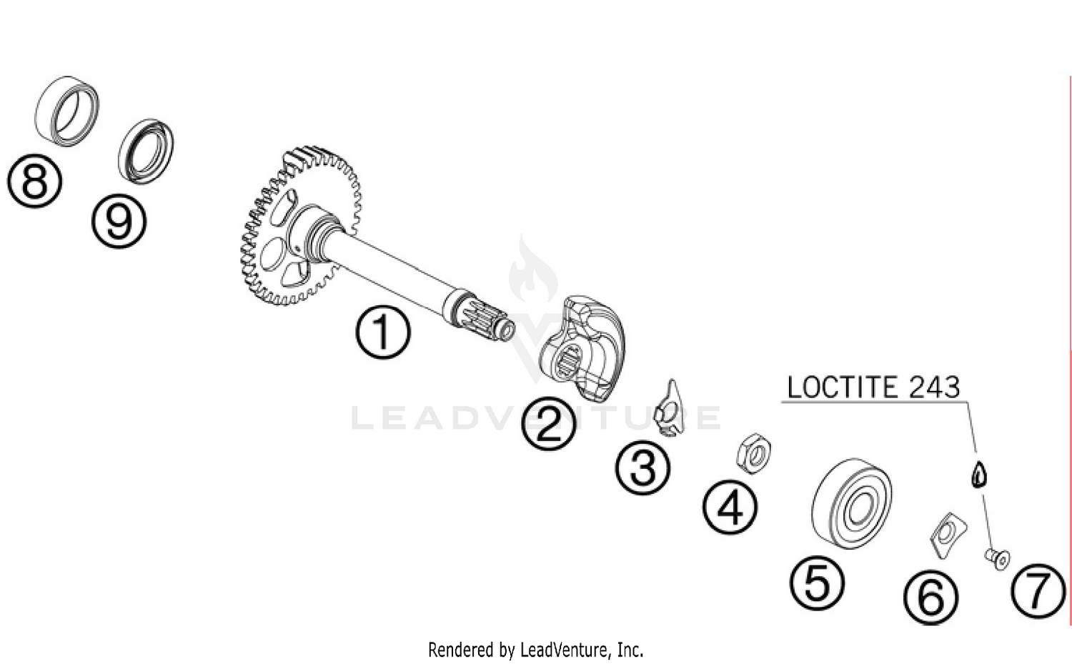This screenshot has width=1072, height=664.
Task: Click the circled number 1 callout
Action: click(382, 332)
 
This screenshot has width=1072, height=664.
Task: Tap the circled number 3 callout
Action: click(643, 468)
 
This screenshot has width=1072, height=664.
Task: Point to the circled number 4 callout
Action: click(730, 508)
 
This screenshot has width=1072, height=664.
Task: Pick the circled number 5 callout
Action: click(817, 583)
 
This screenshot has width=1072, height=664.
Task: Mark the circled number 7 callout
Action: click(1038, 591)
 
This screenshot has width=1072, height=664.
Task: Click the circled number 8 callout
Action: click(34, 182)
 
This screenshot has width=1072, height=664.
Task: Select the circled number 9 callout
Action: click(119, 222)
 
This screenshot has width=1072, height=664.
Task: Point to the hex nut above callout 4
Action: click(753, 452)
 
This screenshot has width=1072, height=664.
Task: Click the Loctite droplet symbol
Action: click(979, 474)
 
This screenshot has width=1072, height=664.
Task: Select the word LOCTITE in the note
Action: click(837, 387)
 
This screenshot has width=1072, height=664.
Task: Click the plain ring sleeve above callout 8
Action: click(67, 112)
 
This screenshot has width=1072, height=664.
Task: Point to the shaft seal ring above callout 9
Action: click(146, 151)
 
